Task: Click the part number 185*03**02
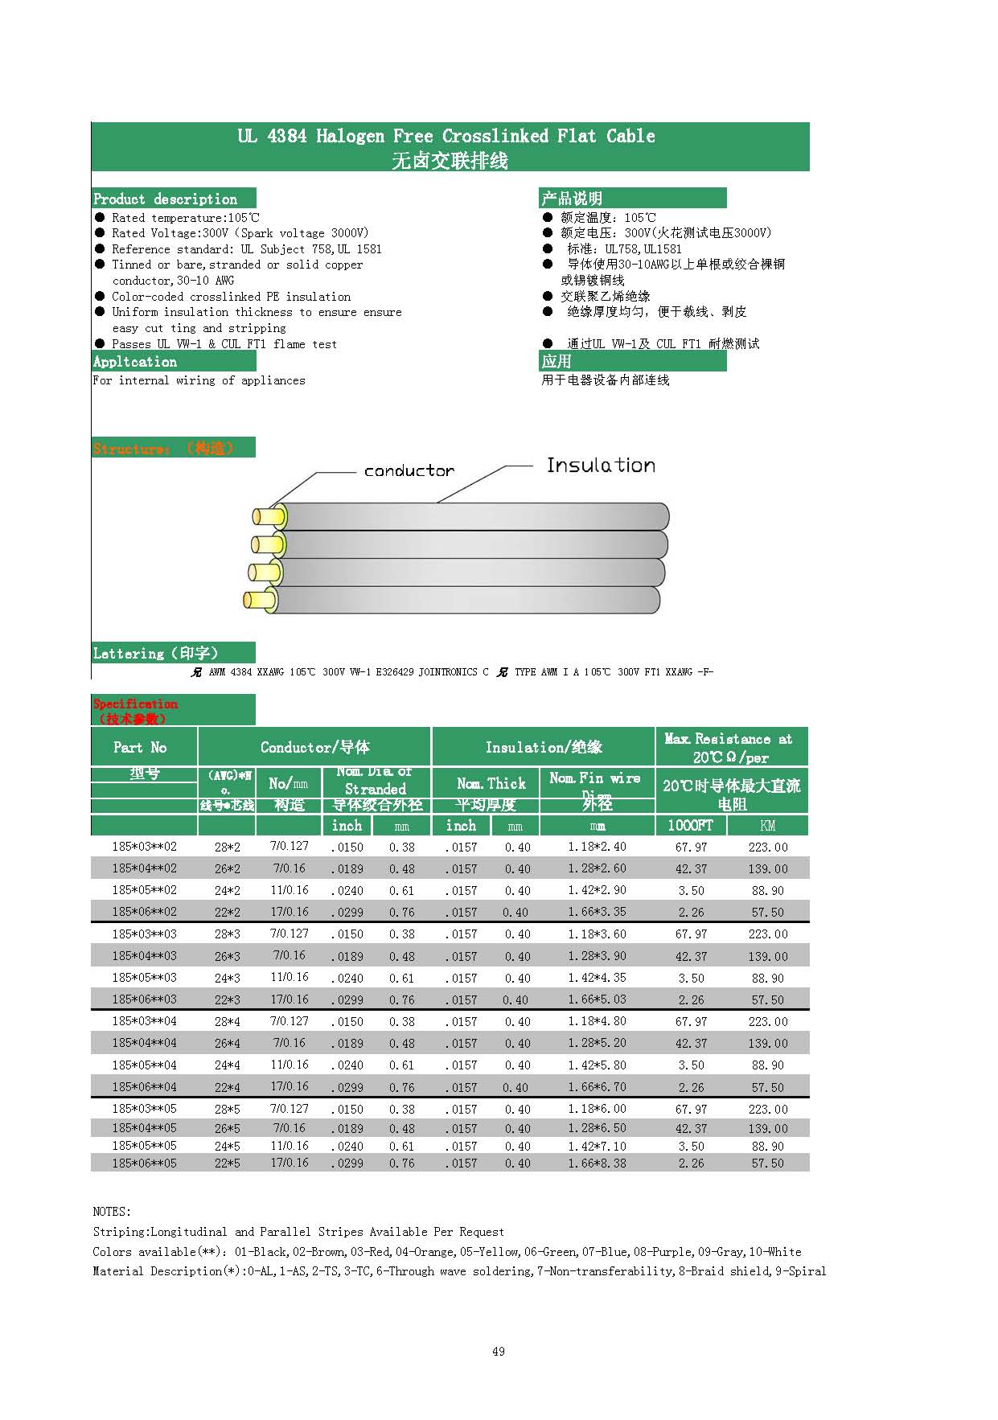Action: (x=144, y=847)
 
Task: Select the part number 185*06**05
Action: (x=144, y=1163)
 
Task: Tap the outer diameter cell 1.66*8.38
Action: (x=597, y=1163)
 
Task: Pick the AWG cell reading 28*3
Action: (x=227, y=934)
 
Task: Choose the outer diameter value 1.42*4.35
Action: (x=597, y=978)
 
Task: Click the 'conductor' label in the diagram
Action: (x=409, y=471)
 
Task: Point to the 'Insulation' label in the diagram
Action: (x=601, y=466)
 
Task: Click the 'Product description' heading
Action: (x=166, y=199)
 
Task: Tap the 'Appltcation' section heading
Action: (x=135, y=362)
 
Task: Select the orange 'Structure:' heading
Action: (x=132, y=449)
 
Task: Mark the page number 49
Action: (x=499, y=1352)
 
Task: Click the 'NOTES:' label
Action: (x=112, y=1212)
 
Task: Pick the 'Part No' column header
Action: (x=141, y=747)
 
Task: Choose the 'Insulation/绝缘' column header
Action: (x=544, y=747)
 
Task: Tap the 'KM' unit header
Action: (x=768, y=826)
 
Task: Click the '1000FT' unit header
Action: (x=690, y=826)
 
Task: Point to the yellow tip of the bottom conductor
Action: (x=257, y=600)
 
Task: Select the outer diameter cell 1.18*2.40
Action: (x=597, y=847)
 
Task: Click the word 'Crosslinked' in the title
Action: (x=495, y=136)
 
